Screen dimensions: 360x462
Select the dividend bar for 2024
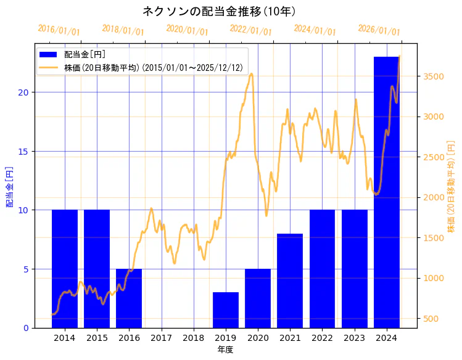pyautogui.click(x=387, y=192)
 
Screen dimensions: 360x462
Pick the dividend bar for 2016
pyautogui.click(x=129, y=298)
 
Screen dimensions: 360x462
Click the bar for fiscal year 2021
pyautogui.click(x=290, y=280)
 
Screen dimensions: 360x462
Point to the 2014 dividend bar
pyautogui.click(x=65, y=268)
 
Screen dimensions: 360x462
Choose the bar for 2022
pyautogui.click(x=322, y=268)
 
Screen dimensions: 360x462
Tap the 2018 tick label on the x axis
pyautogui.click(x=193, y=338)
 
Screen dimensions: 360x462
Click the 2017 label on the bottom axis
pyautogui.click(x=161, y=338)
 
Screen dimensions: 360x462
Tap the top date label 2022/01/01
pyautogui.click(x=250, y=30)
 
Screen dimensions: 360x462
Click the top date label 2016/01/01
pyautogui.click(x=59, y=30)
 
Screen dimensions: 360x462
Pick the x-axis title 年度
pyautogui.click(x=225, y=350)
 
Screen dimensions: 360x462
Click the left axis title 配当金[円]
pyautogui.click(x=9, y=186)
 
